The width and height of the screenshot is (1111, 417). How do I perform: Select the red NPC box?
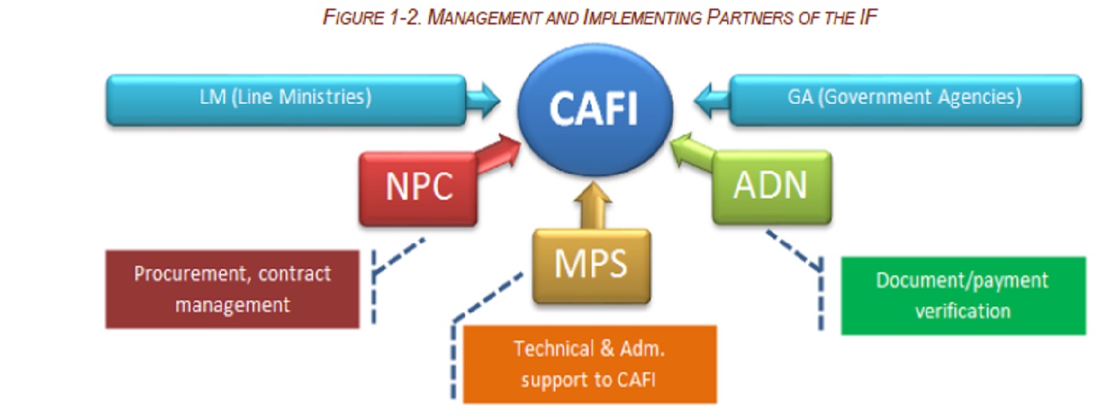[x=418, y=188]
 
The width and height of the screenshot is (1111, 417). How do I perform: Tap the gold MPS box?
[x=591, y=266]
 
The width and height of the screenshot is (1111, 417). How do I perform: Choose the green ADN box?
[x=770, y=186]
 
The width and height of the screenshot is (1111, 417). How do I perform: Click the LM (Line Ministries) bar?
[x=286, y=99]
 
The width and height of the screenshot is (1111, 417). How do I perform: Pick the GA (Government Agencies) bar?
[x=905, y=99]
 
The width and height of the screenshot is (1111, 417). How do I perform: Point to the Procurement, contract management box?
[x=232, y=289]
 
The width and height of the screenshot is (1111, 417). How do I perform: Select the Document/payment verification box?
[x=962, y=295]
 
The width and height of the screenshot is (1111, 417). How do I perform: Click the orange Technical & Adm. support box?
[x=589, y=363]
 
